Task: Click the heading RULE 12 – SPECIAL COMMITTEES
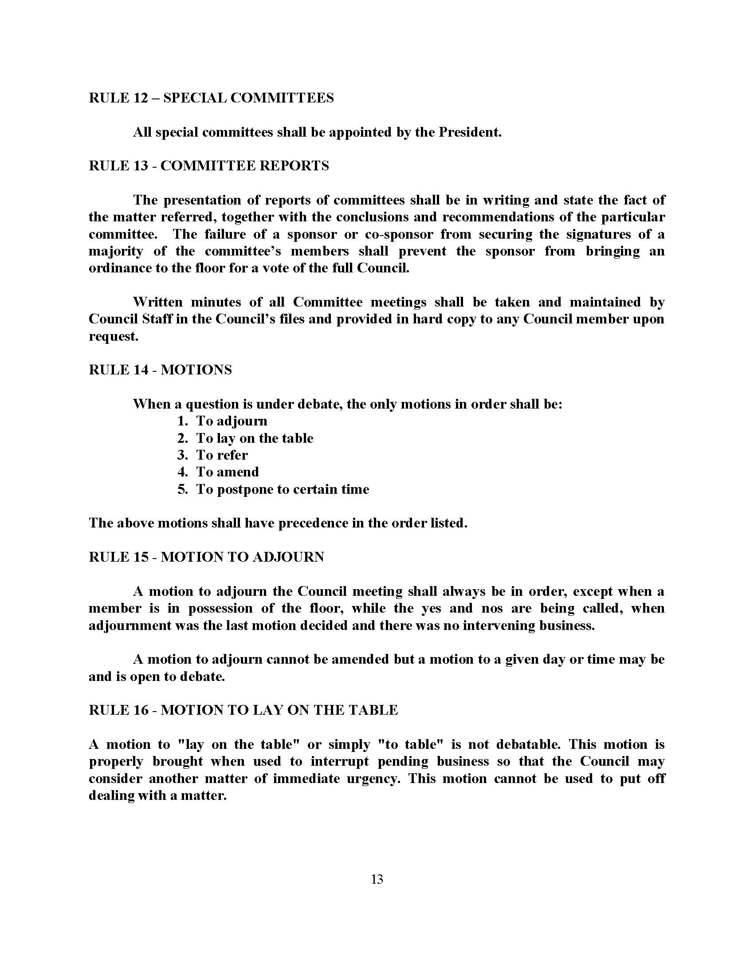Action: [x=211, y=98]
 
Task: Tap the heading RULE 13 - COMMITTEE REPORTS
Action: [x=208, y=166]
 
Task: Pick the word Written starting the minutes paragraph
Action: [x=157, y=302]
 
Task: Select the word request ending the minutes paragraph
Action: [x=113, y=337]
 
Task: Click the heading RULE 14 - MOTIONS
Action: [x=161, y=370]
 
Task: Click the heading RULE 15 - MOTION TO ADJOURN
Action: [x=206, y=557]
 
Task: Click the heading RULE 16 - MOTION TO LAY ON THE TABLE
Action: [x=243, y=710]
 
